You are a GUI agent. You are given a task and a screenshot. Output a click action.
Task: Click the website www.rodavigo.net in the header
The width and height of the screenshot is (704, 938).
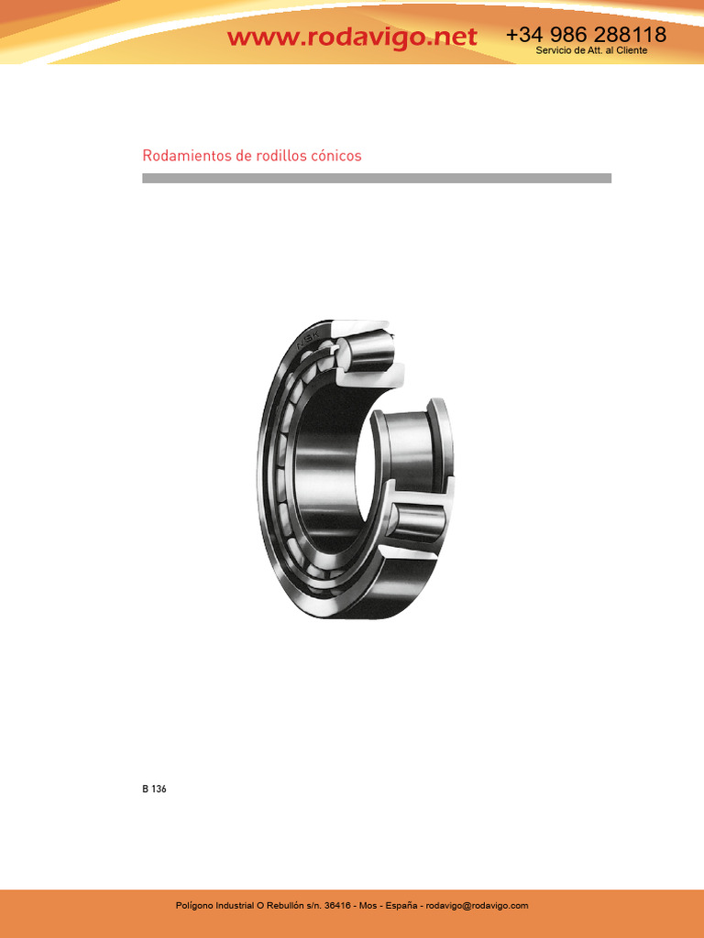[352, 37]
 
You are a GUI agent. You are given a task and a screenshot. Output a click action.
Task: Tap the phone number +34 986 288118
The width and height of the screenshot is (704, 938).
[586, 34]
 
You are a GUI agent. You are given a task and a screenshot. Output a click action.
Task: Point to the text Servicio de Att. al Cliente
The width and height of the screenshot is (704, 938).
[591, 51]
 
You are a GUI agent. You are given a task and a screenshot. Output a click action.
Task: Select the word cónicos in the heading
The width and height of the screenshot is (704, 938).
[335, 156]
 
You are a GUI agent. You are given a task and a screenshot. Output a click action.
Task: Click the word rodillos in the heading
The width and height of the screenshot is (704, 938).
[281, 156]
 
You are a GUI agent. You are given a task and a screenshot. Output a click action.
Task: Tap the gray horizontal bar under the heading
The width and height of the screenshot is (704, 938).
[377, 179]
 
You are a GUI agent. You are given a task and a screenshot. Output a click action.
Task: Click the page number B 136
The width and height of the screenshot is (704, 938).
[154, 789]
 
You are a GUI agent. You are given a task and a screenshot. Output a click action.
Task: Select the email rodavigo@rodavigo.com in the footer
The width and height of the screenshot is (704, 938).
[477, 906]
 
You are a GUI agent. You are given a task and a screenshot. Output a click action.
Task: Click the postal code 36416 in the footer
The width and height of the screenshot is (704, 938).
[337, 906]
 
